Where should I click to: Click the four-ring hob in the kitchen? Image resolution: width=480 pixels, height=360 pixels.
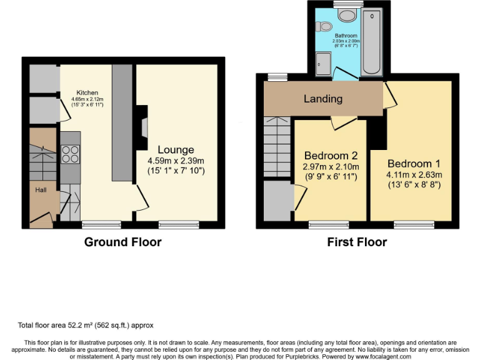point(70,154)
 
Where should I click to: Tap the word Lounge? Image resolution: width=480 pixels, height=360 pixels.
point(176,150)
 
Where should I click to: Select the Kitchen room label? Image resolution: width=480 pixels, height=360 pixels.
point(87,92)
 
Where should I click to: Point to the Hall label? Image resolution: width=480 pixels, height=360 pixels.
point(39,189)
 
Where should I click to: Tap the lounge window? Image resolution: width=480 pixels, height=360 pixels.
point(179,224)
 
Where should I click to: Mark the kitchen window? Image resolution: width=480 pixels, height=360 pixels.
point(101,224)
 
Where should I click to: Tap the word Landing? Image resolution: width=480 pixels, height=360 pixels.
point(323,99)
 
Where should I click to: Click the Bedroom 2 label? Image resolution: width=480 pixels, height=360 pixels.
point(331,156)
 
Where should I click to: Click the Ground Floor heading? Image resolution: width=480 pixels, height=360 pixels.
point(122,242)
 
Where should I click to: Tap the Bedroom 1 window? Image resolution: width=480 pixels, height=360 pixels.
point(414,224)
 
